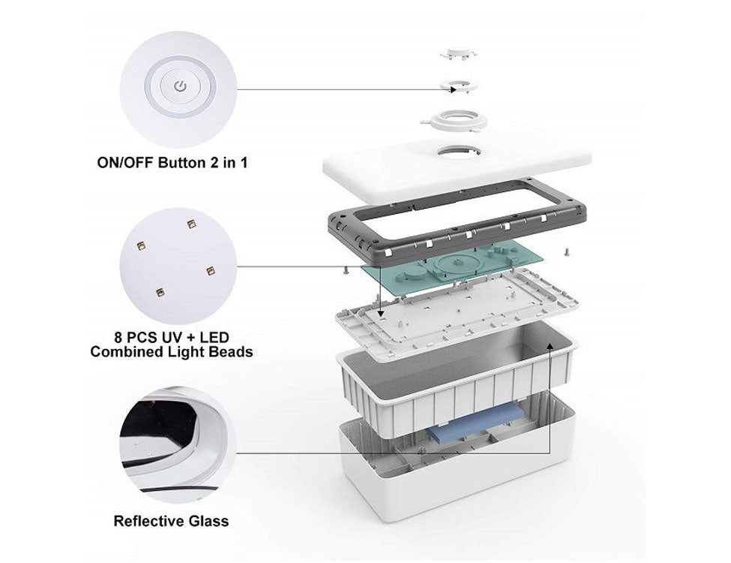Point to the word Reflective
click(145, 520)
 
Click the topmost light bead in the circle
click(191, 224)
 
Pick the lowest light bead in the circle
click(158, 289)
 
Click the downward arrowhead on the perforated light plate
click(380, 313)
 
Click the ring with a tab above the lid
click(454, 119)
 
